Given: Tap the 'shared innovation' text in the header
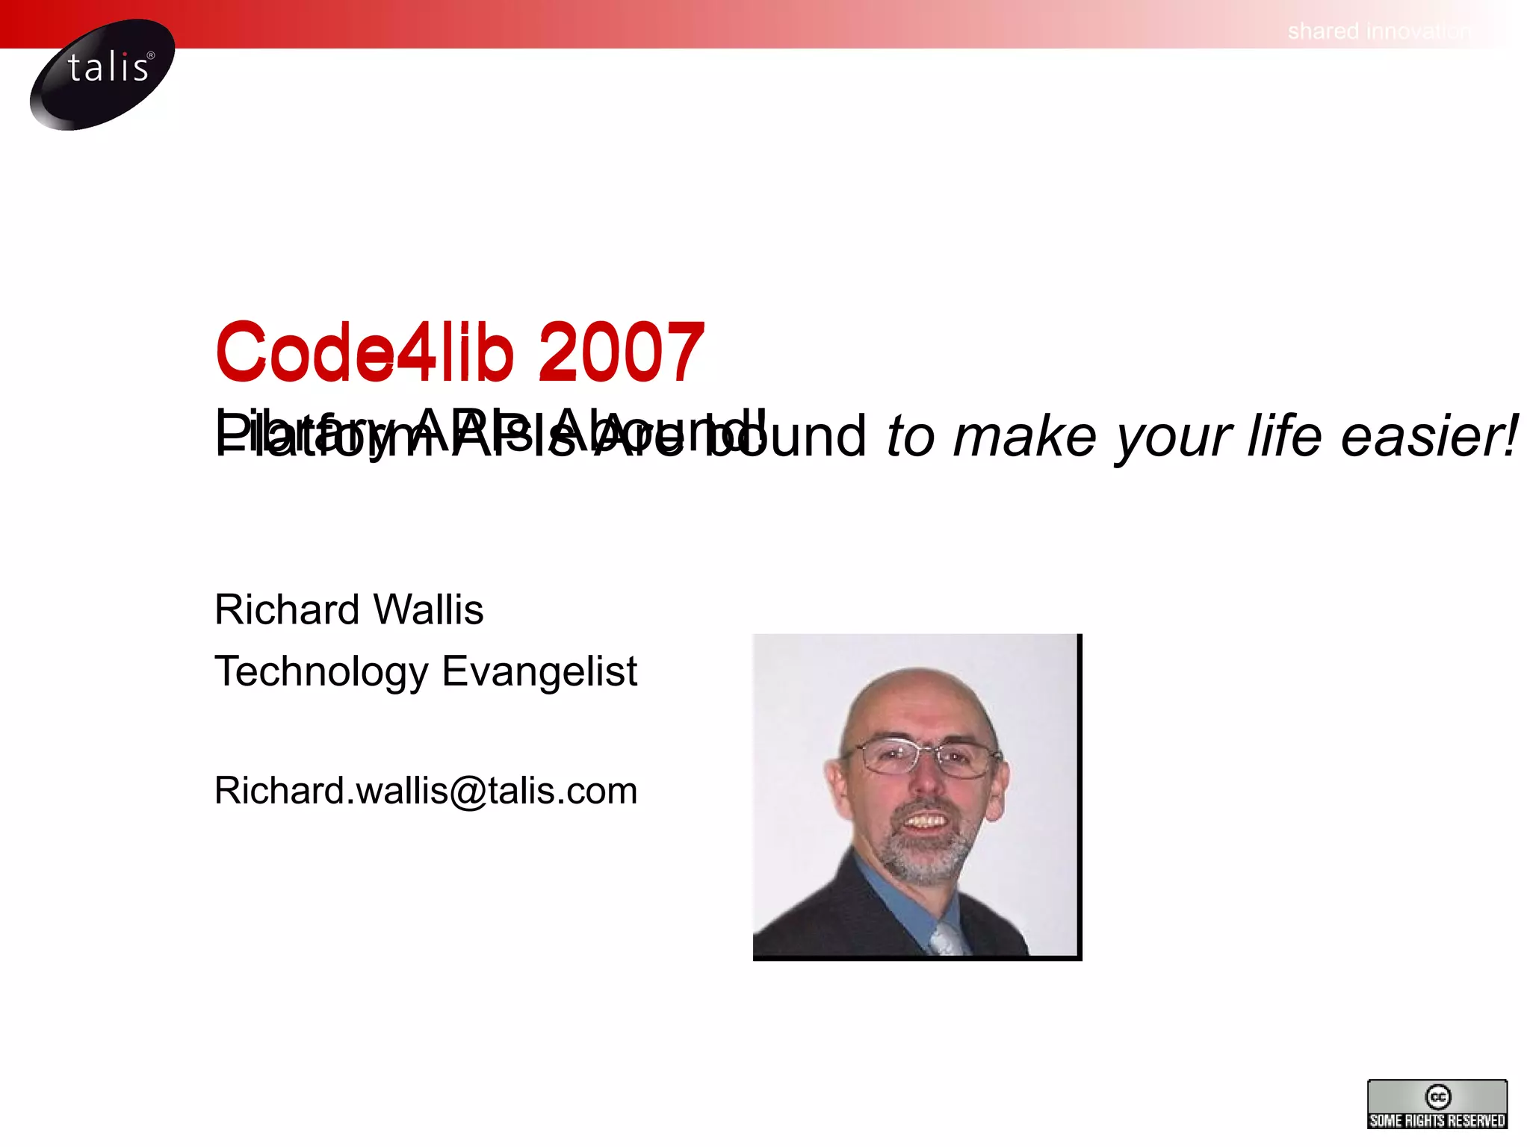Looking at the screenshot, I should pyautogui.click(x=1378, y=31).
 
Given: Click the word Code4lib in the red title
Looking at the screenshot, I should pyautogui.click(x=365, y=351).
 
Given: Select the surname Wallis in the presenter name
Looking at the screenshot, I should pyautogui.click(x=428, y=609).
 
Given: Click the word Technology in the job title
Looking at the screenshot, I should pyautogui.click(x=321, y=671).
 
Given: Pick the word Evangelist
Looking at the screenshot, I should pyautogui.click(x=539, y=671).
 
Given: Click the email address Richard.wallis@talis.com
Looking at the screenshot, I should pyautogui.click(x=426, y=790).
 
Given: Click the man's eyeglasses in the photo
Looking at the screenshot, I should pyautogui.click(x=923, y=756).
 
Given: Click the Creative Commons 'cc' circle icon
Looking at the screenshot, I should pyautogui.click(x=1437, y=1097).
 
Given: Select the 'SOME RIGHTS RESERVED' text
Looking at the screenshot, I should pyautogui.click(x=1437, y=1120).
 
